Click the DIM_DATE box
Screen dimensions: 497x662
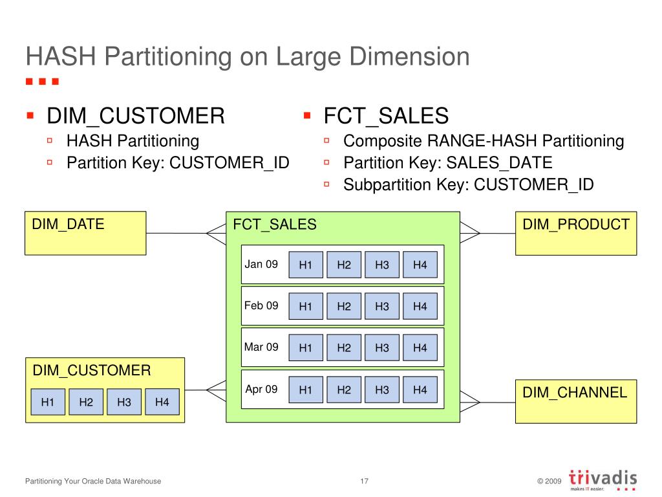pos(85,233)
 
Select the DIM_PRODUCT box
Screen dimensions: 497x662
pos(575,233)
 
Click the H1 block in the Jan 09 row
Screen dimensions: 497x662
pos(306,265)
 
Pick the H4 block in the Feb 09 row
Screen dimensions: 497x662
pos(420,306)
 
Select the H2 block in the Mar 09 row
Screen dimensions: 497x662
pos(344,348)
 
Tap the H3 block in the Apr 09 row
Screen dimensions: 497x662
pos(382,390)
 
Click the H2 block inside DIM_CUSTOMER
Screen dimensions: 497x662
pos(86,403)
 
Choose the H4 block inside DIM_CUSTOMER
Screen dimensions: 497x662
pos(162,403)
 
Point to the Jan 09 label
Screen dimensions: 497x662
pos(261,264)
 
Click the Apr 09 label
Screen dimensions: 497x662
pos(261,389)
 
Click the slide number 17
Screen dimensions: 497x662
pos(364,481)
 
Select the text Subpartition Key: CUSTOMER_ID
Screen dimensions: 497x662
pos(468,185)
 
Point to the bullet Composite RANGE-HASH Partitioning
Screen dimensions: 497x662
pos(484,141)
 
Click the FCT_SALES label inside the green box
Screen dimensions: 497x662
pos(275,225)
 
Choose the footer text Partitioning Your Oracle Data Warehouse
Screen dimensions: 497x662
pos(93,481)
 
